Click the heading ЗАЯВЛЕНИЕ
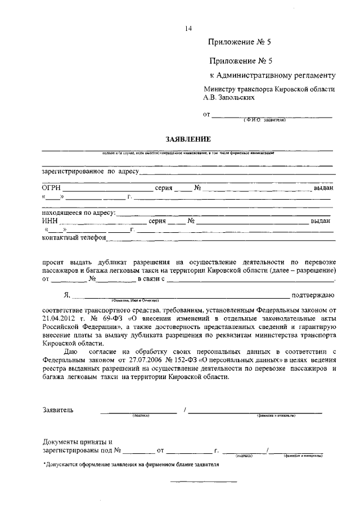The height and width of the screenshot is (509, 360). [187, 138]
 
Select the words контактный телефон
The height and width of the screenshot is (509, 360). [74, 238]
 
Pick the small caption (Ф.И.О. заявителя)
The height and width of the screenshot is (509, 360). [265, 120]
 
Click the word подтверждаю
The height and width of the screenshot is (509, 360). [313, 295]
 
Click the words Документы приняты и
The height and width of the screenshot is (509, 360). [78, 442]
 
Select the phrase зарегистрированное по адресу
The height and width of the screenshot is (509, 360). [90, 171]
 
